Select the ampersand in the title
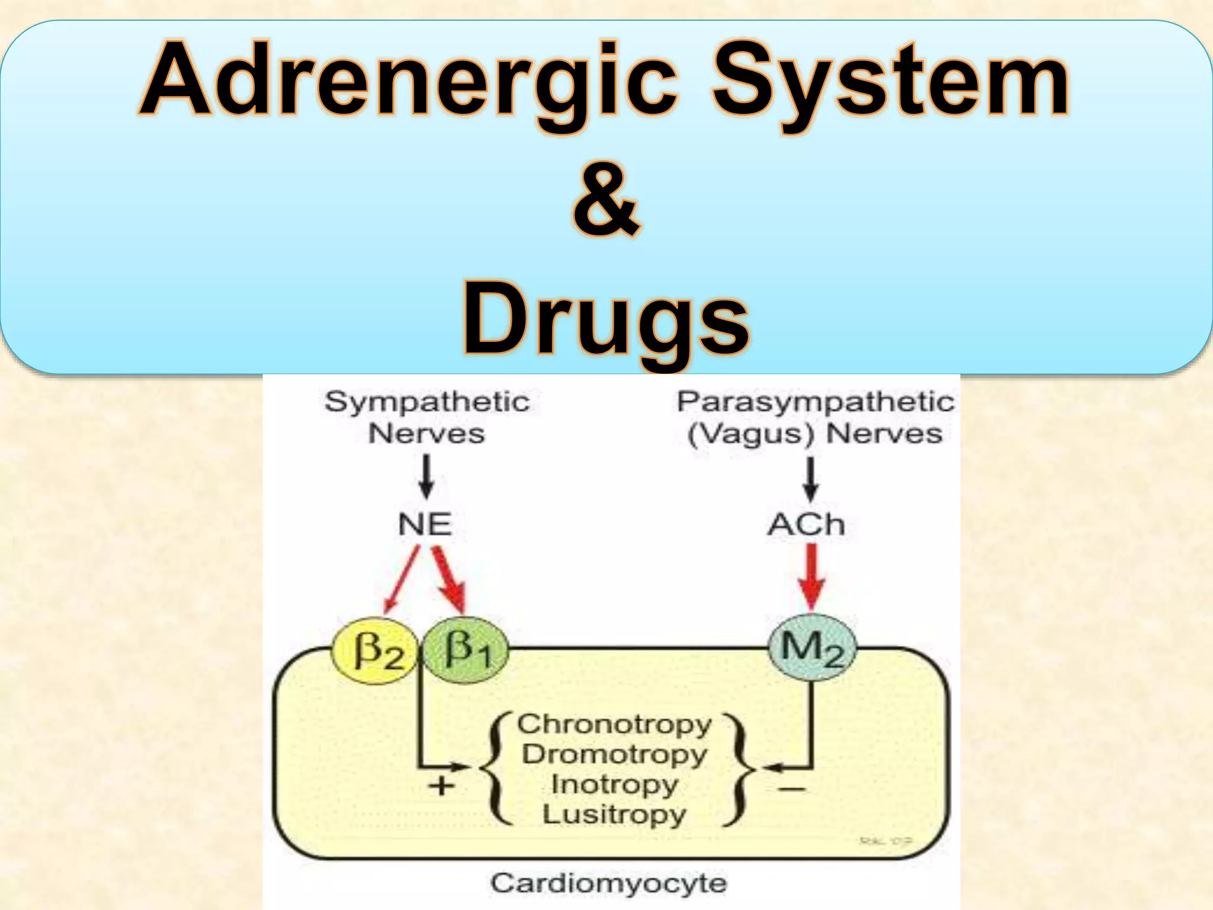(x=606, y=201)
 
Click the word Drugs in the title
(x=606, y=320)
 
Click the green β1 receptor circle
(x=467, y=650)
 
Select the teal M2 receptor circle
(x=812, y=648)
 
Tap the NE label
(x=425, y=525)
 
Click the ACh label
(x=806, y=525)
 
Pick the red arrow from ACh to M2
(x=811, y=578)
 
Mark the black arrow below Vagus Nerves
(x=811, y=479)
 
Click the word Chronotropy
(x=614, y=725)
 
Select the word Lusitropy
(x=614, y=814)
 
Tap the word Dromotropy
(x=614, y=755)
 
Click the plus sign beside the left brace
(x=441, y=787)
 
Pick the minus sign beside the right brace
(x=791, y=789)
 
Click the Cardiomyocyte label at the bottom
(x=608, y=883)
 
